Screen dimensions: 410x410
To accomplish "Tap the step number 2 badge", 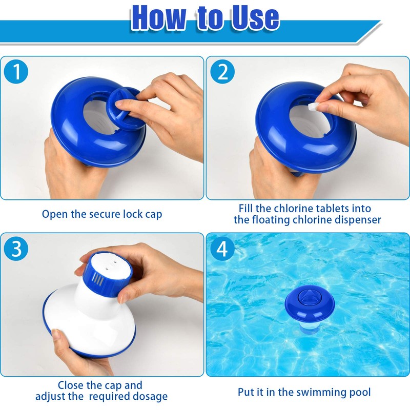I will [x=222, y=73].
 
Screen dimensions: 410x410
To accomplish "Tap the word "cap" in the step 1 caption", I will [x=152, y=214].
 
